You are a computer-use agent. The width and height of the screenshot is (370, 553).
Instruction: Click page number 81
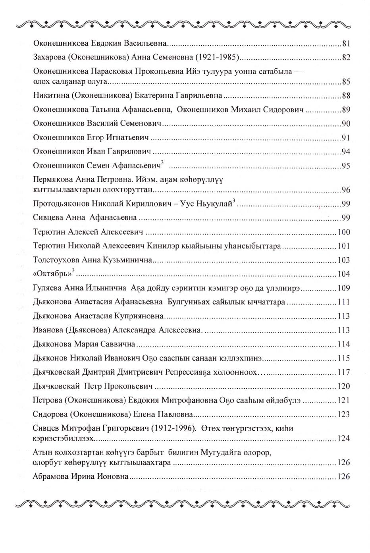(x=346, y=44)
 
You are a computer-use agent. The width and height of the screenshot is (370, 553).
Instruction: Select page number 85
(x=346, y=83)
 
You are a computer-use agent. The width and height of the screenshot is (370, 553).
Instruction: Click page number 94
(x=346, y=152)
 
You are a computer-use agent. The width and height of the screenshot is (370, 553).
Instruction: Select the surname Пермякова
(x=52, y=179)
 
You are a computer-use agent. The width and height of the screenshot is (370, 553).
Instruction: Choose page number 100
(x=344, y=232)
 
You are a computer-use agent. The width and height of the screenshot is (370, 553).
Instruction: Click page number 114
(x=344, y=344)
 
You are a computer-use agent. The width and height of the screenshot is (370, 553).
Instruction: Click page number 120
(x=344, y=386)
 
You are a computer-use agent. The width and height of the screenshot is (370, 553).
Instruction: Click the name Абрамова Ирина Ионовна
(x=81, y=476)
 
